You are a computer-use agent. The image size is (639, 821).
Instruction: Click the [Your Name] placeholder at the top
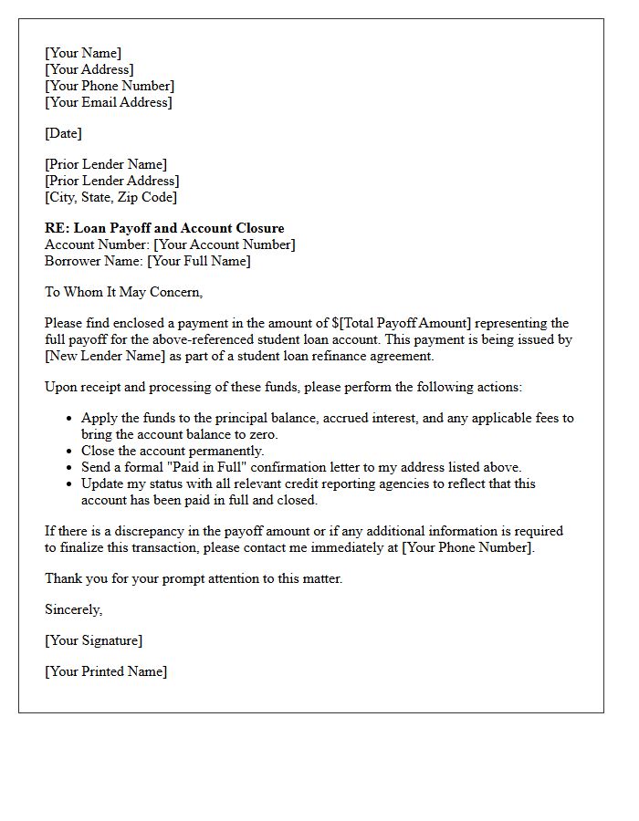click(83, 53)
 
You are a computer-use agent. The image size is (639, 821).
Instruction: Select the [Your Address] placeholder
click(89, 69)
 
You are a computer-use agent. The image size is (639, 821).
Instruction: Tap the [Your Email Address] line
click(109, 102)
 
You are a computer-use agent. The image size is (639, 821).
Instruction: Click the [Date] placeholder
click(63, 133)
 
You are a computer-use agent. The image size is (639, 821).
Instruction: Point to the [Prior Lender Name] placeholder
click(106, 164)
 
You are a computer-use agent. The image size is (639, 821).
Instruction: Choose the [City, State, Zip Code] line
click(110, 197)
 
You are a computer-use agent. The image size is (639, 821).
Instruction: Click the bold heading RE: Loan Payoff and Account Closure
click(164, 228)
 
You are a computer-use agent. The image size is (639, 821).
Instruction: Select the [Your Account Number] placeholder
click(225, 244)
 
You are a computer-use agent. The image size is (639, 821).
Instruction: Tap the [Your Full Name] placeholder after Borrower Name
click(199, 261)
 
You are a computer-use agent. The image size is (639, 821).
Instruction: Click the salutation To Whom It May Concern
click(123, 292)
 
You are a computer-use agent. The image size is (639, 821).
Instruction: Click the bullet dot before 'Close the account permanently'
click(70, 452)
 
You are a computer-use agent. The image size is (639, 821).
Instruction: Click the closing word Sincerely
click(73, 609)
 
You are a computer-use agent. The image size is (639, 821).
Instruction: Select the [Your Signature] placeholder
click(93, 640)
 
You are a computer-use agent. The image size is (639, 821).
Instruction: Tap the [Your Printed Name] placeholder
click(106, 671)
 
